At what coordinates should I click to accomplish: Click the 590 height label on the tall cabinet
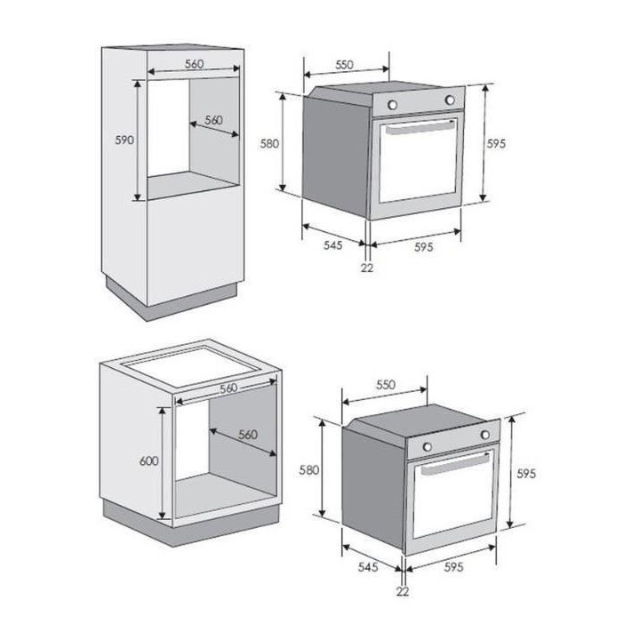coord(124,140)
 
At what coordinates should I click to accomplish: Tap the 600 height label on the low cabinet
coord(149,460)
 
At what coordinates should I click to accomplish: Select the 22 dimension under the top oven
coord(367,268)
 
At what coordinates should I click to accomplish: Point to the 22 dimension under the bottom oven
coord(403,590)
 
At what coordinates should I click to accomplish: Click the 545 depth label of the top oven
coord(333,245)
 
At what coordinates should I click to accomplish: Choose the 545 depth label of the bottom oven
coord(368,567)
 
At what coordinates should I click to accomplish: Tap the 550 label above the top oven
coord(345,65)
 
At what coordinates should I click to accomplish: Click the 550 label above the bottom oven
coord(386,385)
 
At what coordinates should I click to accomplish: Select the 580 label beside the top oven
coord(270,143)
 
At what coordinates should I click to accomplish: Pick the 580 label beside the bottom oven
coord(309,470)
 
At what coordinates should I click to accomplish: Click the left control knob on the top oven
coord(393,105)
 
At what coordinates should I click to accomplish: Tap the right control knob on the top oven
coord(450,100)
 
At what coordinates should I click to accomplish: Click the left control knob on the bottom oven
coord(428,446)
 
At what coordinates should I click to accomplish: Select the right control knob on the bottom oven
coord(485,435)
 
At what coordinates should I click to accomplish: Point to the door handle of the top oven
coord(420,128)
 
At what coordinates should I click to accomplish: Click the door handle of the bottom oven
coord(455,464)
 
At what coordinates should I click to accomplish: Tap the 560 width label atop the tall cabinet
coord(195,64)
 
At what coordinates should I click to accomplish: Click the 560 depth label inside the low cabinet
coord(248,435)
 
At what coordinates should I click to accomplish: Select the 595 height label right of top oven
coord(496,143)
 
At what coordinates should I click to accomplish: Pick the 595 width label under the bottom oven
coord(454,567)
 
